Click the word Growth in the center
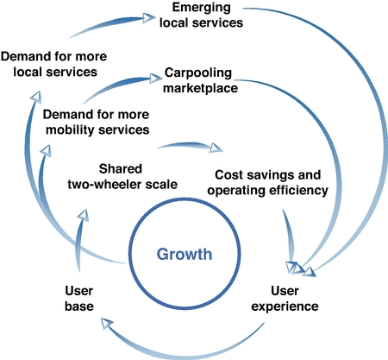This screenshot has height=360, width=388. click(x=185, y=255)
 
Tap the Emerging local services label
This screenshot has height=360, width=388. click(x=201, y=15)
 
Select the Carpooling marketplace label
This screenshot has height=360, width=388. click(x=200, y=80)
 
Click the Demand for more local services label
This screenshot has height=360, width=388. click(x=54, y=64)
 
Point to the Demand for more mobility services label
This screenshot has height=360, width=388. click(x=96, y=122)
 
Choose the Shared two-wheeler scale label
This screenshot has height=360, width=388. click(x=122, y=176)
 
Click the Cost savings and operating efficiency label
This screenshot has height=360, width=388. click(x=268, y=182)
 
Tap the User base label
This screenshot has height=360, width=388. click(x=79, y=299)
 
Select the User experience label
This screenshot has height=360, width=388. click(x=285, y=299)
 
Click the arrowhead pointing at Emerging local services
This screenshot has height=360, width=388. click(x=149, y=18)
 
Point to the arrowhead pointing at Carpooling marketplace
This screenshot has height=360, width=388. click(x=156, y=78)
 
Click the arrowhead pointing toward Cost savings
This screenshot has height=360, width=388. click(x=216, y=148)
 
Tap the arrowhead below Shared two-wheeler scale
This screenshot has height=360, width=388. click(x=84, y=215)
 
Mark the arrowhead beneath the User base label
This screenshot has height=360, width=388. click(x=107, y=325)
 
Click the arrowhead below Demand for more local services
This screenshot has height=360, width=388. click(x=36, y=97)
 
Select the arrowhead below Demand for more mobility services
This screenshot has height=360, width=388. click(x=46, y=151)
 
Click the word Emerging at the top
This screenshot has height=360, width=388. click(x=201, y=8)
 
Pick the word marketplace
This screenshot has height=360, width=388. click(x=200, y=88)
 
